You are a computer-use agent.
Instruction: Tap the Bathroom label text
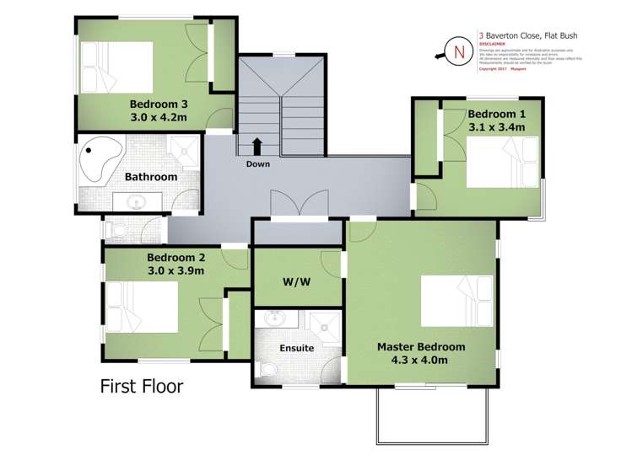[151, 177]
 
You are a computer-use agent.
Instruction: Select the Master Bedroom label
[420, 346]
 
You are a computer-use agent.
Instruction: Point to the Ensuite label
[297, 347]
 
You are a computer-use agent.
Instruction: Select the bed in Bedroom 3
[116, 67]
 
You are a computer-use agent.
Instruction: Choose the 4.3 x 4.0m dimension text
[419, 360]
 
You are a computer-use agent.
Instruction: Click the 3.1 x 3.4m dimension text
[497, 127]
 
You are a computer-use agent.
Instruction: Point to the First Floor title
[141, 387]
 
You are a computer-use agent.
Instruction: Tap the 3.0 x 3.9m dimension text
[176, 270]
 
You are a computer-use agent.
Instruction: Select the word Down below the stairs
[258, 163]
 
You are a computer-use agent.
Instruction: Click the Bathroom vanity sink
[134, 203]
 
